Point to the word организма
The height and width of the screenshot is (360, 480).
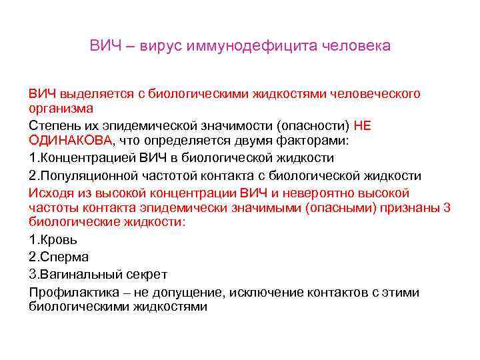[61, 107]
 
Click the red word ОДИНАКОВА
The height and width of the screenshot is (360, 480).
[71, 140]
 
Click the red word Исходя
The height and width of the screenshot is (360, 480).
[49, 193]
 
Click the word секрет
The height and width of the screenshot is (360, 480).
[148, 274]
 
